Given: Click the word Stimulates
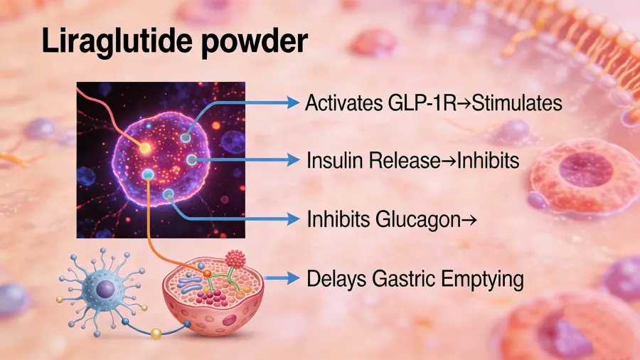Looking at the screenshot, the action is (516, 103).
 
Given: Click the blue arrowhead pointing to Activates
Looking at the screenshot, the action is (293, 102).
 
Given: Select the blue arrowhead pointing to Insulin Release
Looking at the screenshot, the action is (293, 159).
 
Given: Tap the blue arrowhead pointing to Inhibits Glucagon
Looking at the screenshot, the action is (293, 219).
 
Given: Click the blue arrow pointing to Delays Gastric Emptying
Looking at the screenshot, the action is (282, 278).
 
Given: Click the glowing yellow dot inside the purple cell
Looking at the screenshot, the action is (145, 148).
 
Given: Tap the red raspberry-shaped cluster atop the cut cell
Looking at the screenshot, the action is (235, 258).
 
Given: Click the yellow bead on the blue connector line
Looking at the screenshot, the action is (156, 334).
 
